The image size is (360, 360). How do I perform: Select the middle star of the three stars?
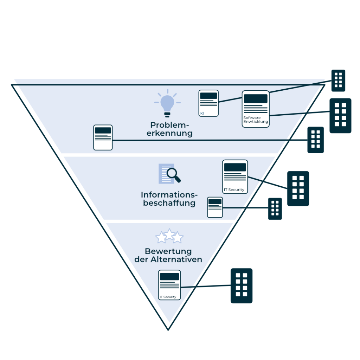pos(169,235)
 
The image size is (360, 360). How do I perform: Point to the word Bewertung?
pos(168,251)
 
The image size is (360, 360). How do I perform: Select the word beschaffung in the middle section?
pos(169,203)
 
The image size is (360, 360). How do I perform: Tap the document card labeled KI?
pos(208,103)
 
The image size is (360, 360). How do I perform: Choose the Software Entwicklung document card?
pos(256,109)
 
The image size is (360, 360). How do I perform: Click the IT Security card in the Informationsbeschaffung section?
pos(235,176)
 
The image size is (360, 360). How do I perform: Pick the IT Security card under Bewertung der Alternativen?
pos(169,285)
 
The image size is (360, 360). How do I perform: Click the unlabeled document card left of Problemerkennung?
pos(103,137)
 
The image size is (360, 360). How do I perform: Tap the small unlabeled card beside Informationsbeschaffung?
pos(215,207)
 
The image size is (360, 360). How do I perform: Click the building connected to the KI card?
pos(338,80)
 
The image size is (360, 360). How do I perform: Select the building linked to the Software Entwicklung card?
pos(340,115)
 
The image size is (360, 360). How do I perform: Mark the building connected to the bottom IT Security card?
pos(242,285)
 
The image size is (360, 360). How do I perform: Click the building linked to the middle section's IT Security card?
pos(298,188)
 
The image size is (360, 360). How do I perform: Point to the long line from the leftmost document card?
pos(211,140)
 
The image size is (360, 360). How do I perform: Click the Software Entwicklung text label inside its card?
pos(256,120)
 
